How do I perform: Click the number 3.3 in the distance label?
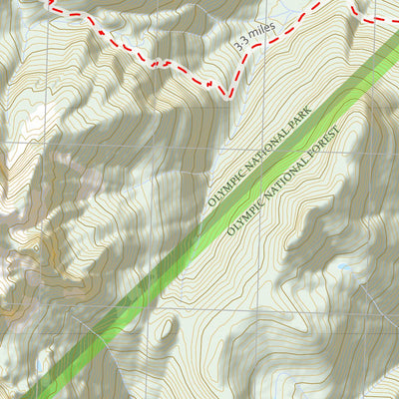click(239, 44)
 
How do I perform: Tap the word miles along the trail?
click(259, 35)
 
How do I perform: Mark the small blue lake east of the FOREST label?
click(344, 266)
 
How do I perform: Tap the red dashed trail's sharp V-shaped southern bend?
click(227, 93)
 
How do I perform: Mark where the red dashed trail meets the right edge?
click(396, 21)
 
